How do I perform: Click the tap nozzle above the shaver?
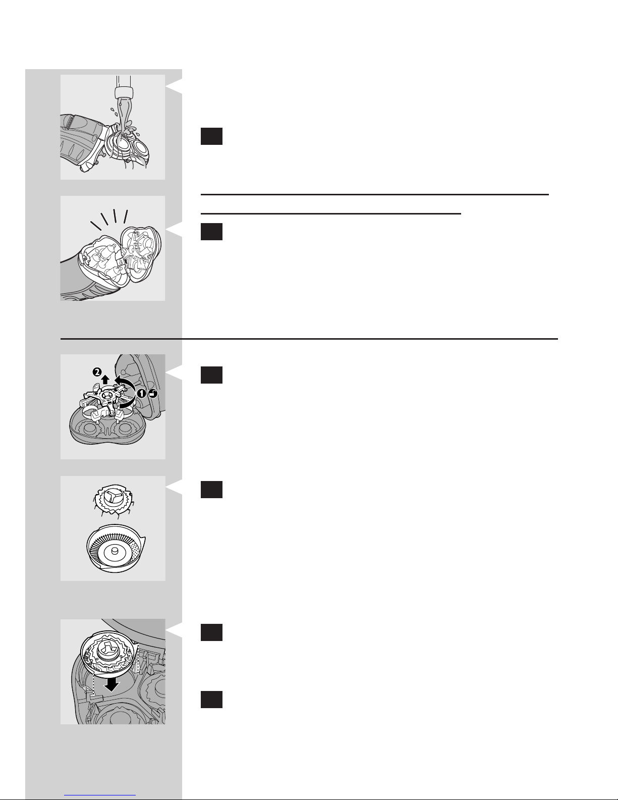[123, 92]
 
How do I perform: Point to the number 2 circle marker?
[97, 372]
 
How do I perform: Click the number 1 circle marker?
[141, 394]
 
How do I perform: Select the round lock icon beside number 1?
[153, 394]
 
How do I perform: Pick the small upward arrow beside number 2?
[105, 379]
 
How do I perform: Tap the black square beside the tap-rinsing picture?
[211, 136]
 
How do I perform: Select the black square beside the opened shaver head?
[211, 232]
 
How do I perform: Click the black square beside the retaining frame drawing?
[211, 375]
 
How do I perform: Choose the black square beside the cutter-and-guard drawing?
[211, 490]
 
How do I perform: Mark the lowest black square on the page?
[211, 700]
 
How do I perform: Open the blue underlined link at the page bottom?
[100, 795]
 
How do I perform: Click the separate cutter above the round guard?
[113, 500]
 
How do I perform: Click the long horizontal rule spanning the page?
[309, 339]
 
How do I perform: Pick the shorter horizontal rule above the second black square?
[331, 214]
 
